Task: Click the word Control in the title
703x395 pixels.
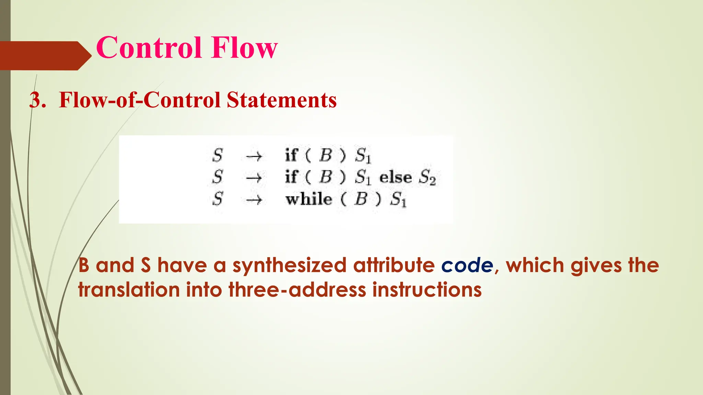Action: pyautogui.click(x=149, y=48)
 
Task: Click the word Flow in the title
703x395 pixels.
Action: pyautogui.click(x=244, y=48)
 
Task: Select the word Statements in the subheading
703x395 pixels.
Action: pyautogui.click(x=281, y=100)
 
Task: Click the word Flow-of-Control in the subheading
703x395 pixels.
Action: pyautogui.click(x=139, y=100)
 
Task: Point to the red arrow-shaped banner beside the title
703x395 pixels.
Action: pyautogui.click(x=45, y=56)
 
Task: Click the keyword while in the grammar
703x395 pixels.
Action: pyautogui.click(x=309, y=199)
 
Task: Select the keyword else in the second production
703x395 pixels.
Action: pyautogui.click(x=395, y=177)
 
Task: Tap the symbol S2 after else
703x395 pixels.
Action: pyautogui.click(x=427, y=178)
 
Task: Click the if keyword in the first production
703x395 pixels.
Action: pyautogui.click(x=291, y=155)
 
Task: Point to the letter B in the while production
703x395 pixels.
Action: pyautogui.click(x=361, y=199)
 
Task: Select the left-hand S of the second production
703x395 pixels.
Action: pyautogui.click(x=217, y=177)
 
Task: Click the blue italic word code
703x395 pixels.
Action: pyautogui.click(x=467, y=266)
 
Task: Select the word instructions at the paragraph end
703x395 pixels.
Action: pyautogui.click(x=427, y=290)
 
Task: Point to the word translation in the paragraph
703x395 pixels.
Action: pyautogui.click(x=129, y=290)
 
